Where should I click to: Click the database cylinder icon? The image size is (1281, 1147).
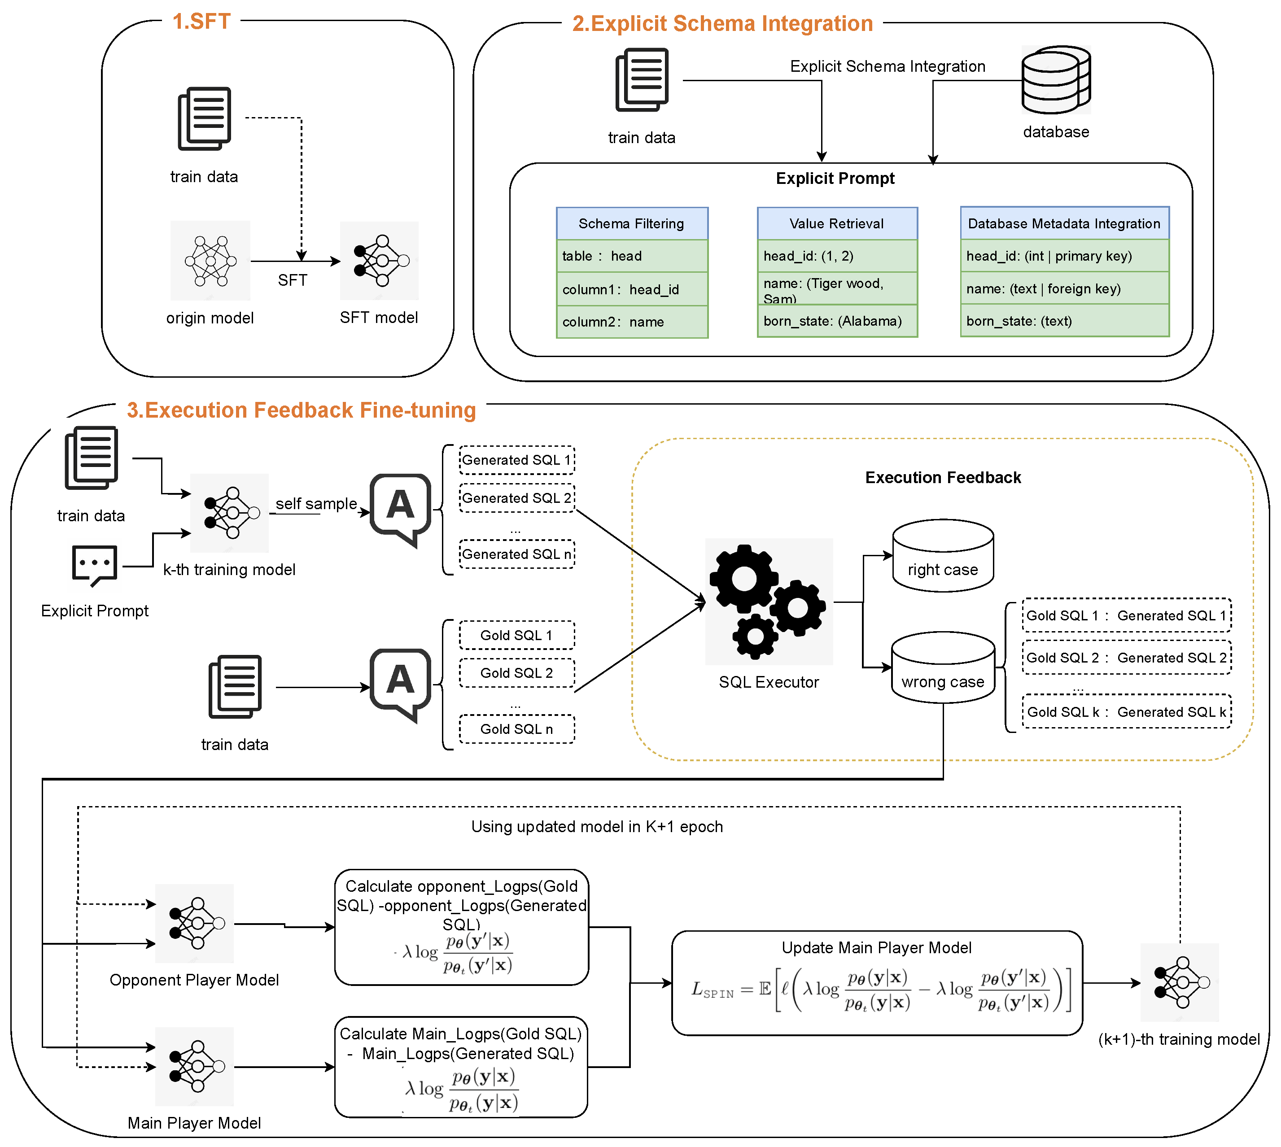point(1055,80)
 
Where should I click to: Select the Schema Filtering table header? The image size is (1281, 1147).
point(632,224)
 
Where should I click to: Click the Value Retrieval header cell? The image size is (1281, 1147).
point(836,224)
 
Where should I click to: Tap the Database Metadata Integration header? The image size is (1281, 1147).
point(1064,224)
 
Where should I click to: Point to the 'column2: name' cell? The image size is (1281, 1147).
point(632,322)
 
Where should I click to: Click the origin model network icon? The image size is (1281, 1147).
point(210,260)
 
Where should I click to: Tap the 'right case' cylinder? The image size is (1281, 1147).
point(943,556)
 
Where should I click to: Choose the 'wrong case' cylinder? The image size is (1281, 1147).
point(943,667)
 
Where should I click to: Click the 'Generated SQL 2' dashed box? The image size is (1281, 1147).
point(516,498)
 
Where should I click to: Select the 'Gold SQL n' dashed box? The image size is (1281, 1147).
point(516,729)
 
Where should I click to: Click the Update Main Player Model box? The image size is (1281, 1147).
point(877,984)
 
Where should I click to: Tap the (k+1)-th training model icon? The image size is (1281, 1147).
point(1180,982)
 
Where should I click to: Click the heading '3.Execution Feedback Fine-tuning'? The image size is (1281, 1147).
point(302,410)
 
